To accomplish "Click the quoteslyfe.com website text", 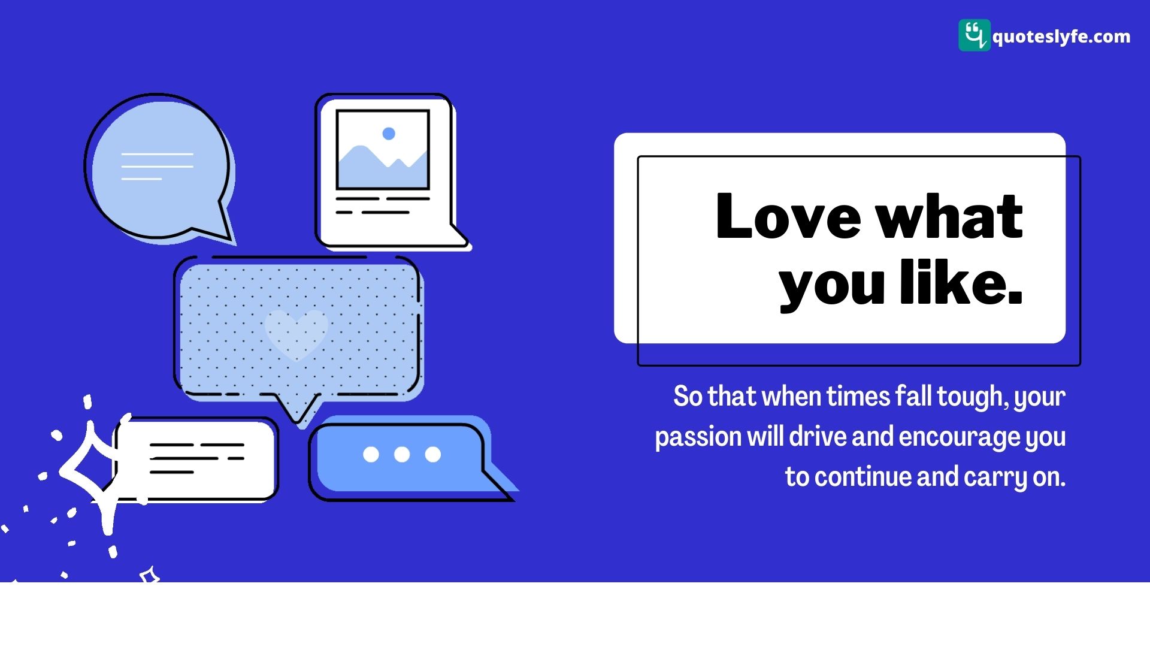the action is point(1061,37).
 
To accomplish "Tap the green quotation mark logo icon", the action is point(975,35).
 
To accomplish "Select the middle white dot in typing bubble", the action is point(402,455).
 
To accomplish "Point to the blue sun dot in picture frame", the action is point(389,134).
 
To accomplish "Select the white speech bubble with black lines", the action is point(196,459).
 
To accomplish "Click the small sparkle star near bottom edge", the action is point(150,576).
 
